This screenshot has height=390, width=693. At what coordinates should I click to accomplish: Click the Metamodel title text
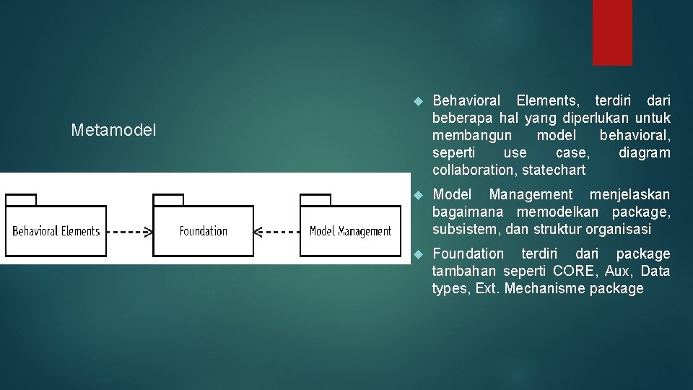click(113, 131)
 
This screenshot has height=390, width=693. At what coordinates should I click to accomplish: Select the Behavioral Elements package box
click(56, 230)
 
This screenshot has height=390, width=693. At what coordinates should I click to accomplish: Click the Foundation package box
click(204, 230)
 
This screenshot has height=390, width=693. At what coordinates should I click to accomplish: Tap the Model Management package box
click(350, 230)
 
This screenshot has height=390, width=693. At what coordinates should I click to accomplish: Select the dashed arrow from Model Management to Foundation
click(278, 232)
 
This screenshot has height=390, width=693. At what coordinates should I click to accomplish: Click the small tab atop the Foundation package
click(168, 200)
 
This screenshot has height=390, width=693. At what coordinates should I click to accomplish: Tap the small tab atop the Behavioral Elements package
click(21, 200)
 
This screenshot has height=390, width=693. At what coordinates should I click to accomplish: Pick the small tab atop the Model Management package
click(315, 200)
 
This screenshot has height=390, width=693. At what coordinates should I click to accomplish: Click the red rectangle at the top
click(612, 32)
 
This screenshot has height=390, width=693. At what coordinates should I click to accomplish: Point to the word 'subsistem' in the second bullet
click(461, 230)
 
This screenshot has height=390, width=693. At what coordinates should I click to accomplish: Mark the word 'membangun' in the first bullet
click(472, 135)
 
